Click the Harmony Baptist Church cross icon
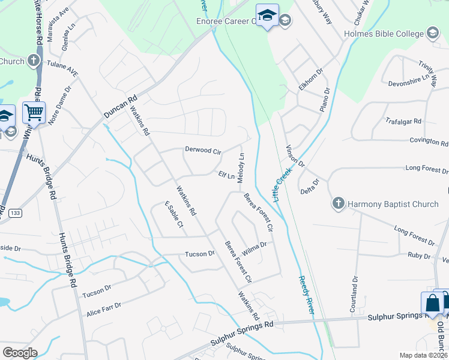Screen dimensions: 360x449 pos(338,204)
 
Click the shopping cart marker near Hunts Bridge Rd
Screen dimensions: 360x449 pos(34,113)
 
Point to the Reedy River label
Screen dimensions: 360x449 pos(306,293)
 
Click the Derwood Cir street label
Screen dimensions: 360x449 pos(203,150)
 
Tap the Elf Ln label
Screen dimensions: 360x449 pos(226,175)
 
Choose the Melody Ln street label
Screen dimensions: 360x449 pos(241,168)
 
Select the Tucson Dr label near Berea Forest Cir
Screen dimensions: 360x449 pos(200,254)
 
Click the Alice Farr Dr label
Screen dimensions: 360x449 pos(104,309)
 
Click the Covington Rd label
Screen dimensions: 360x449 pos(429,142)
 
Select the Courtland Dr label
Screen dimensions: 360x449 pos(354,295)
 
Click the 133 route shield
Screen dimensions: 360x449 pos(16,212)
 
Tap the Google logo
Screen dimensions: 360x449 pos(20,353)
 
